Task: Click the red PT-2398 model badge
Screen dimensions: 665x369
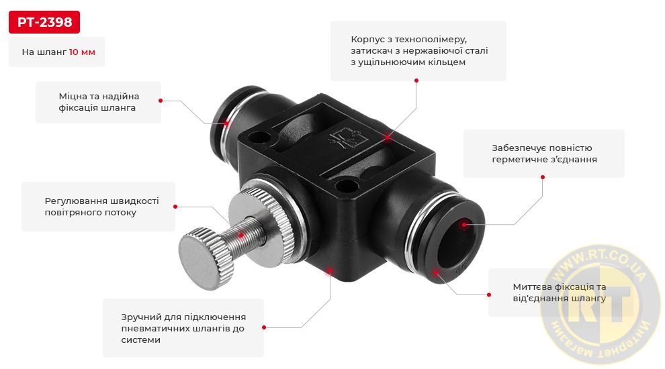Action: (44, 22)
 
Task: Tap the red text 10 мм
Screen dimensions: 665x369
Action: (82, 52)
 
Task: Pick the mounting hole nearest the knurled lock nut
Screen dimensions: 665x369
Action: (347, 185)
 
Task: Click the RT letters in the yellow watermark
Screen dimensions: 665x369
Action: (599, 302)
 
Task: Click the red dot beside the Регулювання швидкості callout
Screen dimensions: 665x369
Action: (175, 207)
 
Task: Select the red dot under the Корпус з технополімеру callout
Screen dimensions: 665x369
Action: (416, 81)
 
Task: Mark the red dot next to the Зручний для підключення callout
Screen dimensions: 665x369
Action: (264, 327)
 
